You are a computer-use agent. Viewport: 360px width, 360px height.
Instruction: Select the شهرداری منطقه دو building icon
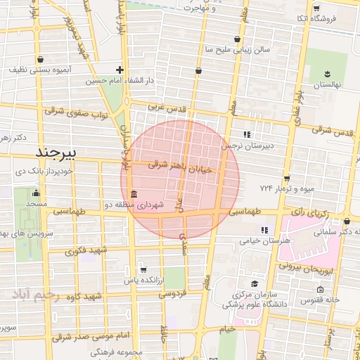coord(133,195)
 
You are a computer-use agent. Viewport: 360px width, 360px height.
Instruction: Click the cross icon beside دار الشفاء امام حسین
coord(120,70)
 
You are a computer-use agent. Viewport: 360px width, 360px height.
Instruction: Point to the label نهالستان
coord(326,84)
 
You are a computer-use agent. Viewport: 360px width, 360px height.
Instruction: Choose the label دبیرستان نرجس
coord(246,146)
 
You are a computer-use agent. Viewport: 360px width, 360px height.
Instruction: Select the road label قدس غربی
coord(167,106)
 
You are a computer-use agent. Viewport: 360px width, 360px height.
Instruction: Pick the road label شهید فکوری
coord(87,250)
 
